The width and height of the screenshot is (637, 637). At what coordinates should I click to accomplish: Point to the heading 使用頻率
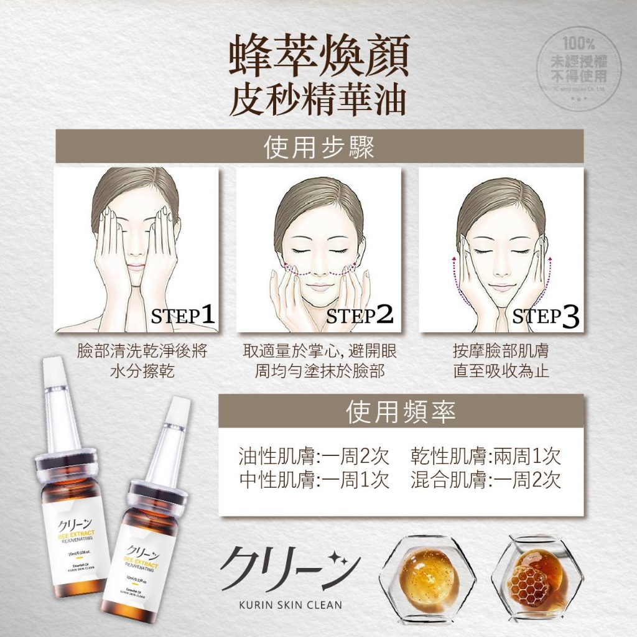[401, 412]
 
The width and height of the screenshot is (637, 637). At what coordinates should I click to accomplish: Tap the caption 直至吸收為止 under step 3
[501, 372]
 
